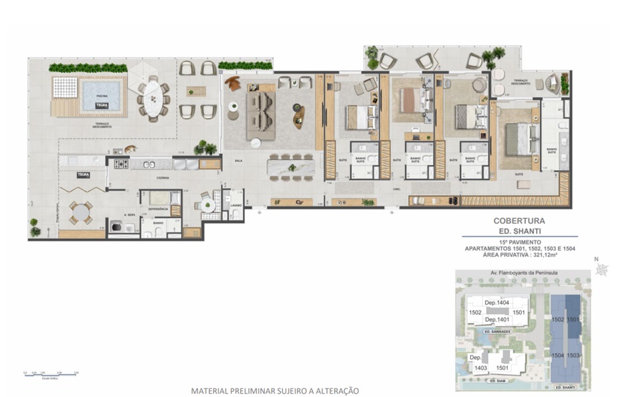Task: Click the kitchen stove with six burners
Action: tap(121, 163)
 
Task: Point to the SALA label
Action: tap(238, 161)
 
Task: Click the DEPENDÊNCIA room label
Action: tap(158, 209)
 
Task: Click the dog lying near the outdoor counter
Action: tap(128, 149)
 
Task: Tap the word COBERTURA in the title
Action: tap(519, 220)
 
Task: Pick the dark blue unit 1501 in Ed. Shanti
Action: tap(573, 320)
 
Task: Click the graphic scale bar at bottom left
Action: tap(50, 375)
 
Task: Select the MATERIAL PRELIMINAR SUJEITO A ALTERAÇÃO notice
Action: tap(275, 390)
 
